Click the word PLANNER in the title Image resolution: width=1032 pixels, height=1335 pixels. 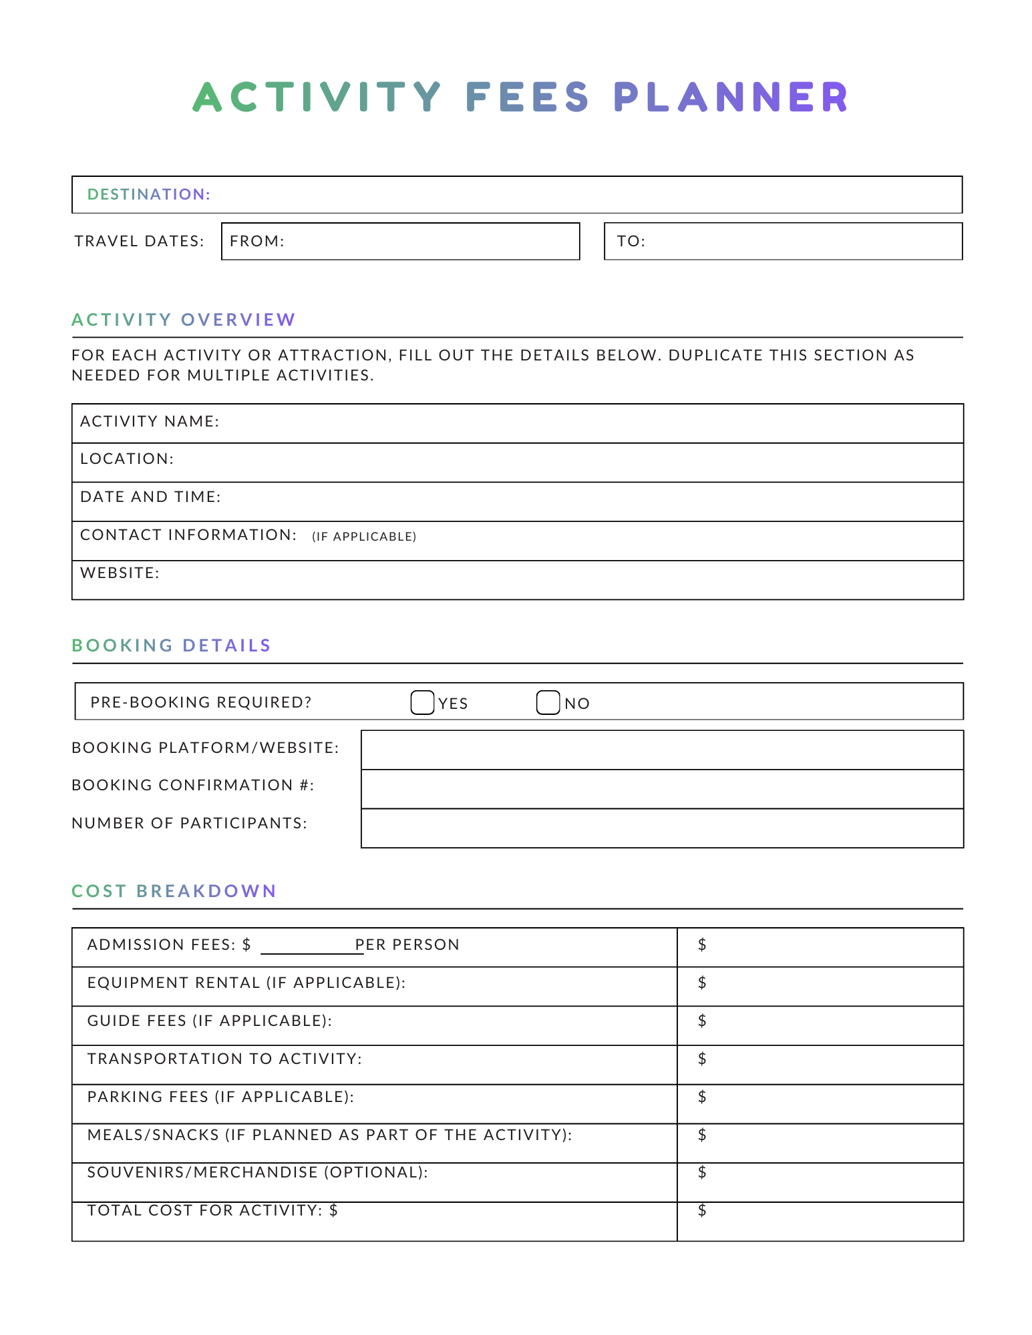coord(731,97)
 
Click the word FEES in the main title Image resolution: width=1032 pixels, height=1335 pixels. coord(527,97)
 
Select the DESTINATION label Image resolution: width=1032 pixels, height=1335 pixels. coord(149,194)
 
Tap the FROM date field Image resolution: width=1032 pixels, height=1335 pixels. coord(401,241)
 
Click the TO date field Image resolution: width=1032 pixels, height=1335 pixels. coord(783,241)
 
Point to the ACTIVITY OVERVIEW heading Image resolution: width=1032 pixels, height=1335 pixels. coord(184,320)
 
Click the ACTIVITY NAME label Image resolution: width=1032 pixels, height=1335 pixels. coord(150,421)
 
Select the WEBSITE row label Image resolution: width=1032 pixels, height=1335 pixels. coord(120,573)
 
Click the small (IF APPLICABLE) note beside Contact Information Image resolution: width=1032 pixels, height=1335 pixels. coord(364,537)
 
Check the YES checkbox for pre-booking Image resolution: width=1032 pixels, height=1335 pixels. coord(422,702)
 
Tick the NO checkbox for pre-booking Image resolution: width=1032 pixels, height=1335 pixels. coord(548,702)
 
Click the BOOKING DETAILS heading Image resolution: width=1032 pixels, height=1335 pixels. coord(172,645)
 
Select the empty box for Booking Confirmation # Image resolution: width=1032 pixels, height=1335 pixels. coord(661,789)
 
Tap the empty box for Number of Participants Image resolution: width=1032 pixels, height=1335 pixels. coord(661,828)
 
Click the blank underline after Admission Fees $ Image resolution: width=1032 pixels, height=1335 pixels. coord(311,948)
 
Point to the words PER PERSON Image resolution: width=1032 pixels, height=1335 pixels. coord(407,945)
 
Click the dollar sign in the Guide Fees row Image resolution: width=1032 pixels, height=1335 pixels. coord(702,1021)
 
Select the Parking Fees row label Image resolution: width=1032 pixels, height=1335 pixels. coord(220,1097)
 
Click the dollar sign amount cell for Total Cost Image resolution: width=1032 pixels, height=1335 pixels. coord(702,1210)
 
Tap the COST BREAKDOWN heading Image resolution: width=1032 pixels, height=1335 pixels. coord(174,891)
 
